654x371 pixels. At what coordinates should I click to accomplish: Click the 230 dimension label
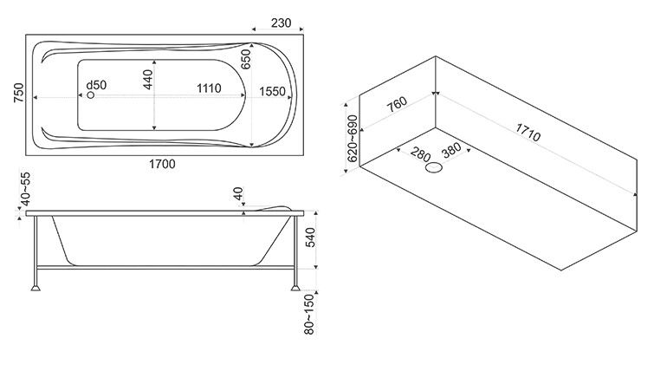coord(282,23)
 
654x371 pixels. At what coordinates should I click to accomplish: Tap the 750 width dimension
coord(19,93)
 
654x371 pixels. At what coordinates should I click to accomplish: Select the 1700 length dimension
coord(162,164)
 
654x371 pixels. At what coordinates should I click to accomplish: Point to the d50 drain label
coord(96,85)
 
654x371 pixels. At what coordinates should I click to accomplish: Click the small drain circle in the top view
coord(90,95)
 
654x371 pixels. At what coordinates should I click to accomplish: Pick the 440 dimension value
coord(147,79)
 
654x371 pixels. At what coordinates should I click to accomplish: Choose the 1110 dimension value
coord(209,88)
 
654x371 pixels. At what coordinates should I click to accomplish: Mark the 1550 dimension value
coord(272,91)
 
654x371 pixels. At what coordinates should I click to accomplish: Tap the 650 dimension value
coord(246,59)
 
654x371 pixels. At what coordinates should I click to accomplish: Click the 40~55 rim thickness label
coord(25,189)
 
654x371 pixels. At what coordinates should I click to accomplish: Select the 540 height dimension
coord(311,238)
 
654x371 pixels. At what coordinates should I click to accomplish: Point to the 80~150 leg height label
coord(309,315)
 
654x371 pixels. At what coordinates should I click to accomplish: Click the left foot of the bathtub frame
coord(36,288)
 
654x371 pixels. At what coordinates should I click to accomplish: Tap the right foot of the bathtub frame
coord(295,288)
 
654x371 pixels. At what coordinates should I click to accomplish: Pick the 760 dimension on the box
coord(397,104)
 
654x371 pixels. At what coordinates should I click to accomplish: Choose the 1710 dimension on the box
coord(528,133)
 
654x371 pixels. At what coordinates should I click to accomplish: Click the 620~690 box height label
coord(353,139)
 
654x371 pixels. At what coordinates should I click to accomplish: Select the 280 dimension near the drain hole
coord(420,154)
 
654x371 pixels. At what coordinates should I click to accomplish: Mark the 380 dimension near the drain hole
coord(451,150)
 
